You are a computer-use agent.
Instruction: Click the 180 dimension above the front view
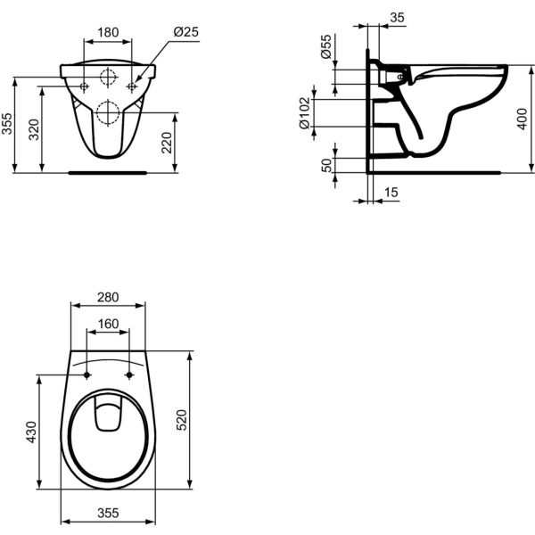pyautogui.click(x=107, y=32)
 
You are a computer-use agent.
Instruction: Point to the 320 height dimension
pyautogui.click(x=34, y=130)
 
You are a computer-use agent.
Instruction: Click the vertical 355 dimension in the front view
pyautogui.click(x=8, y=124)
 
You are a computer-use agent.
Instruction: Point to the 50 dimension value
pyautogui.click(x=326, y=164)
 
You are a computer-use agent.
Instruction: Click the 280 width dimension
pyautogui.click(x=107, y=297)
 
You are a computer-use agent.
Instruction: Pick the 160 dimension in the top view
pyautogui.click(x=107, y=323)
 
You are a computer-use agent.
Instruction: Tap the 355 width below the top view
pyautogui.click(x=107, y=514)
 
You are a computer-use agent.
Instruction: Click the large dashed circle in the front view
pyautogui.click(x=108, y=112)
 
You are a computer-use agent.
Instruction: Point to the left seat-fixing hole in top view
pyautogui.click(x=86, y=374)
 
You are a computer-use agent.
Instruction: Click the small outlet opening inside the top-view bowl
pyautogui.click(x=108, y=416)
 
